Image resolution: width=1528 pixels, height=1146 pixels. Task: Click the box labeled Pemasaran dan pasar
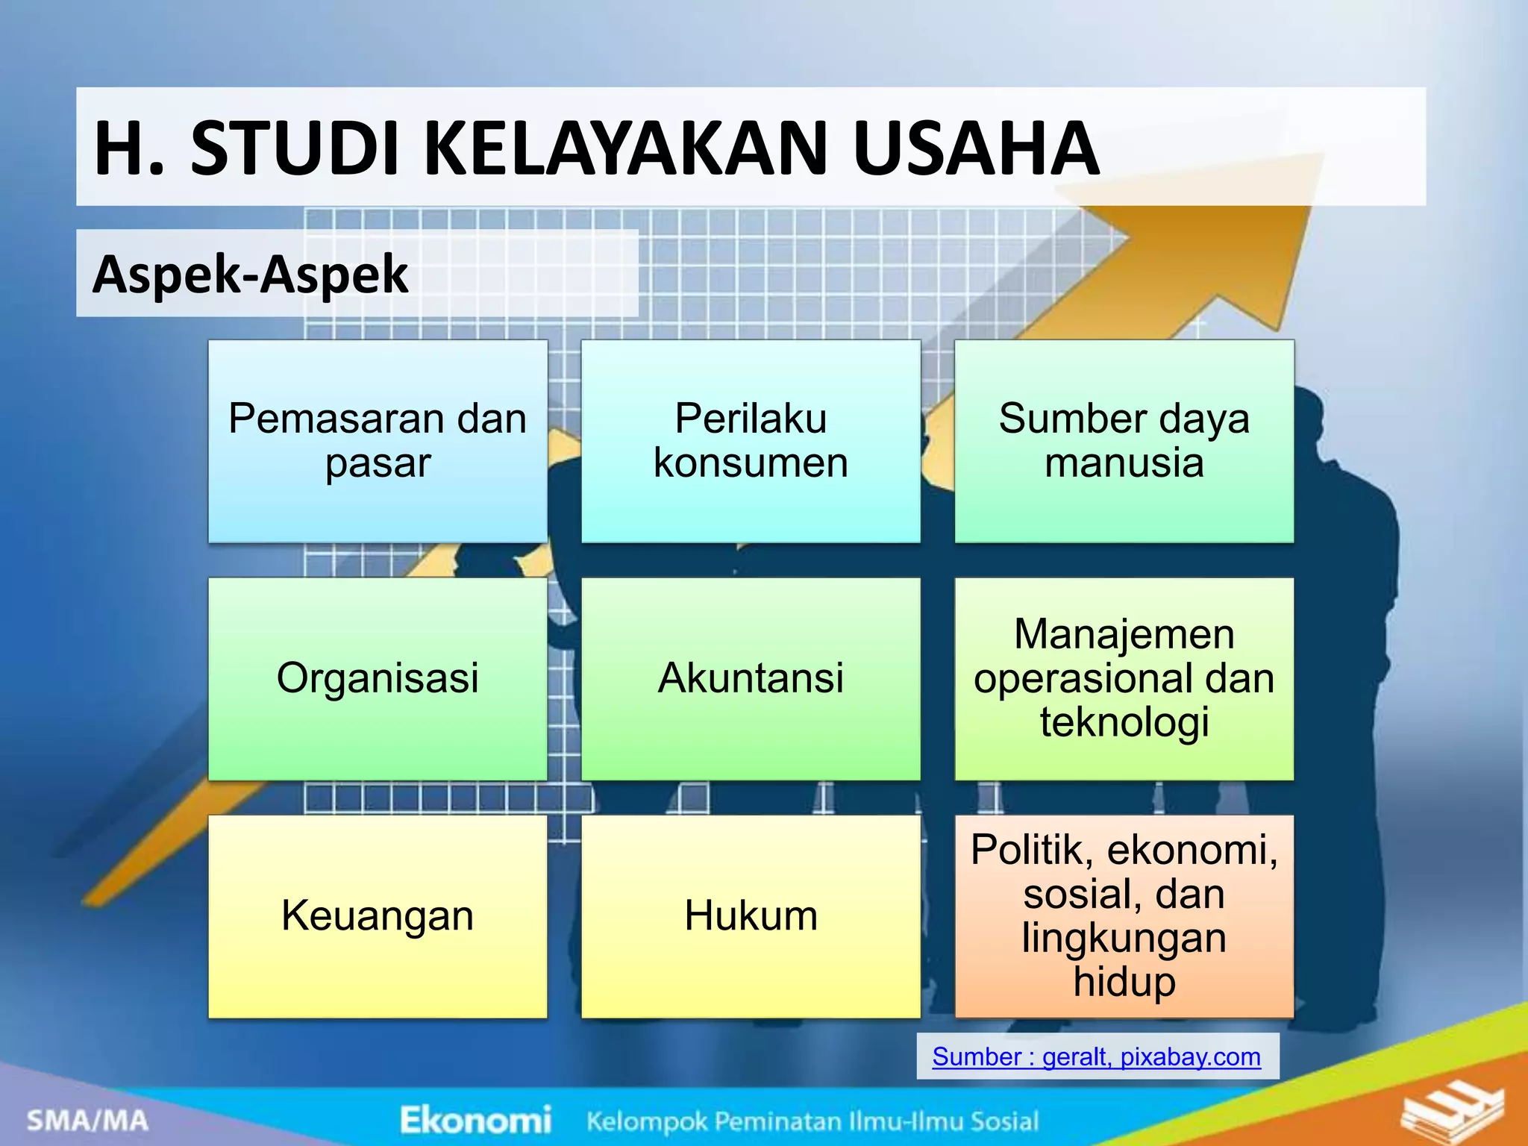378,441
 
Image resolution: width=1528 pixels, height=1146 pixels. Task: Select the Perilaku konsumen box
751,441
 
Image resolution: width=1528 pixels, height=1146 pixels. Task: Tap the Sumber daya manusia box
1124,441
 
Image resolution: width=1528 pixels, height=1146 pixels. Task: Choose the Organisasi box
378,678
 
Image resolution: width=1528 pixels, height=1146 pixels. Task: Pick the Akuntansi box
751,678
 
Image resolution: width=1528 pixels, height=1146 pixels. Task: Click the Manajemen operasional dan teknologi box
1124,678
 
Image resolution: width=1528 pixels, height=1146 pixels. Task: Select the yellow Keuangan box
378,915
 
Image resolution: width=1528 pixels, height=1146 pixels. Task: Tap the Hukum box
751,915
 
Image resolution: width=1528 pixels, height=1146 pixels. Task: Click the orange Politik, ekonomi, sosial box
1124,915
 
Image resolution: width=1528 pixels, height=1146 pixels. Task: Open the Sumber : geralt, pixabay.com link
1096,1056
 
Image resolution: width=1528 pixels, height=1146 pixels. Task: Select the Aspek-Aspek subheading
251,274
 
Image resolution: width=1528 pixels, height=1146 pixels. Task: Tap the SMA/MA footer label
88,1120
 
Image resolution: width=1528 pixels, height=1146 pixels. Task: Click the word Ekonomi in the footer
475,1120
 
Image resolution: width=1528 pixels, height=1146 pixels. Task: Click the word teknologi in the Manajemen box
1124,722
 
